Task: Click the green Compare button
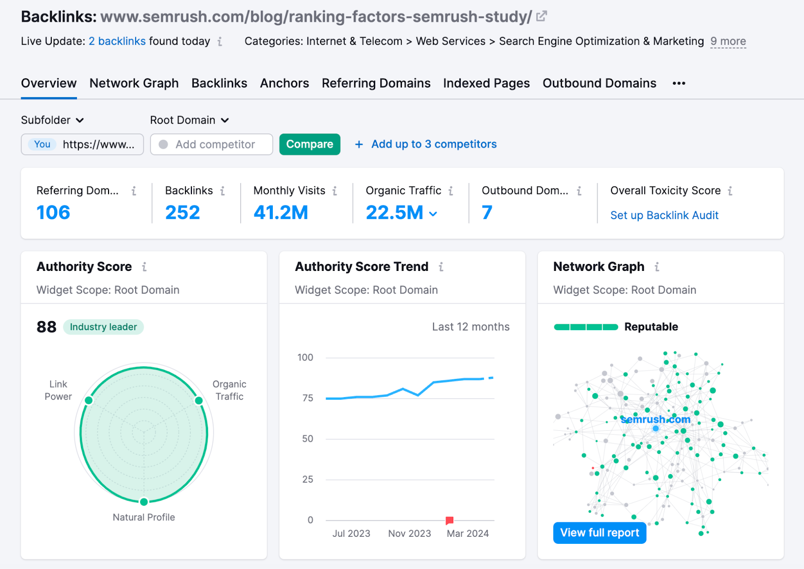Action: [310, 144]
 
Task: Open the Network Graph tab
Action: [134, 83]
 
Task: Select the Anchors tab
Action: [284, 83]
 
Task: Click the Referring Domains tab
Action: [376, 83]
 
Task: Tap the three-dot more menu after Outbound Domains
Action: [679, 83]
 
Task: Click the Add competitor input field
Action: [215, 144]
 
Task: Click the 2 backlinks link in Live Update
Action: [117, 41]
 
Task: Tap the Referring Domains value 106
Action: [53, 212]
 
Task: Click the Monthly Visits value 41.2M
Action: [280, 212]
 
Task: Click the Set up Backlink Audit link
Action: [664, 215]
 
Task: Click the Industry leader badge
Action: [103, 327]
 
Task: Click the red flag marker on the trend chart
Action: [449, 520]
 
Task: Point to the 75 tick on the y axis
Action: [308, 398]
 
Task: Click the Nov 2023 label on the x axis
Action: [409, 533]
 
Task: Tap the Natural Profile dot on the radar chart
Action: [144, 502]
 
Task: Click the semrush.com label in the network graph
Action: [655, 419]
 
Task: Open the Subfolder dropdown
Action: [52, 120]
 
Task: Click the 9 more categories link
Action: [728, 41]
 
